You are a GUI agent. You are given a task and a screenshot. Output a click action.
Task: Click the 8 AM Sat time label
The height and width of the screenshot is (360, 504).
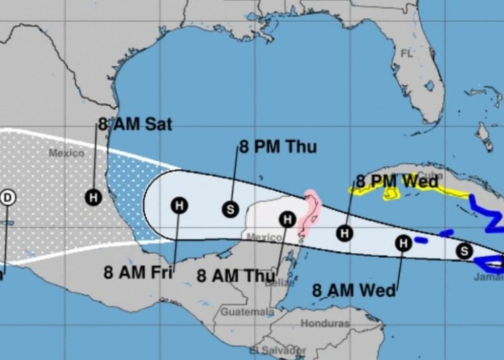pos(134,124)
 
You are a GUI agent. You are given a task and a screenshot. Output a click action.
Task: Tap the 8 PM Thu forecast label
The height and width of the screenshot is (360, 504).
pos(278,147)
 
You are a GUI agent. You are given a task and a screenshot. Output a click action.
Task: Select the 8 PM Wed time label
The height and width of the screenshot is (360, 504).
pos(397,181)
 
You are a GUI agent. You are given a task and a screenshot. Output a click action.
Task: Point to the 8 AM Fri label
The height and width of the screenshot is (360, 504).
pos(138,273)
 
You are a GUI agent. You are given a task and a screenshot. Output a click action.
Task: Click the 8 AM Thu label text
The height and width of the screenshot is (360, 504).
pos(236,275)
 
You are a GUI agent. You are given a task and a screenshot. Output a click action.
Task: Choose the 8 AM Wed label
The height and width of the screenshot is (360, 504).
pos(354,290)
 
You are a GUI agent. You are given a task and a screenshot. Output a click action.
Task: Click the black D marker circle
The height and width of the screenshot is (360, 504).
pos(8,197)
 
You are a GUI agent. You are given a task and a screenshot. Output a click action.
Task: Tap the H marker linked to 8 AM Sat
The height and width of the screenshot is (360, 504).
pos(93,197)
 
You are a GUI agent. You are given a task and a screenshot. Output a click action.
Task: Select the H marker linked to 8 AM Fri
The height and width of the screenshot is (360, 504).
pos(179,206)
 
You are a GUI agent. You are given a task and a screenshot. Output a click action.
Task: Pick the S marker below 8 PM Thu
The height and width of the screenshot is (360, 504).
pos(230,210)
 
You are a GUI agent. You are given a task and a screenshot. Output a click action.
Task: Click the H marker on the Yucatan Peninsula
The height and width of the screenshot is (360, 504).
pos(288,219)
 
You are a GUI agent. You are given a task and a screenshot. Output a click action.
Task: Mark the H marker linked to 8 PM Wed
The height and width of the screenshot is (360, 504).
pos(345,233)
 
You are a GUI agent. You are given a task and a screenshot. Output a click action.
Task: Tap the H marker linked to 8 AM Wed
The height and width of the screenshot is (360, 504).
pos(403,243)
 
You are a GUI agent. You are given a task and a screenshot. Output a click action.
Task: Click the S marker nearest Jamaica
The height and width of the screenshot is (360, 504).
pos(464,251)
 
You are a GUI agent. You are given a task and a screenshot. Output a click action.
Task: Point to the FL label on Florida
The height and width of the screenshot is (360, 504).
pos(407,53)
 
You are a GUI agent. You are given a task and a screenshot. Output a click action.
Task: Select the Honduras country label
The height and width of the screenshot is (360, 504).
pos(325,324)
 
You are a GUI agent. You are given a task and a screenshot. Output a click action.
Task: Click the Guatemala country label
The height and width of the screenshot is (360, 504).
pos(248,312)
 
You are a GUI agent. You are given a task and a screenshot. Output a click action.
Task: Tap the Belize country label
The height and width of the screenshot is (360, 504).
pos(279,283)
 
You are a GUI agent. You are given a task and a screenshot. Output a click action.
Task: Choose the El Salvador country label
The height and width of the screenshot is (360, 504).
pos(278,351)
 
